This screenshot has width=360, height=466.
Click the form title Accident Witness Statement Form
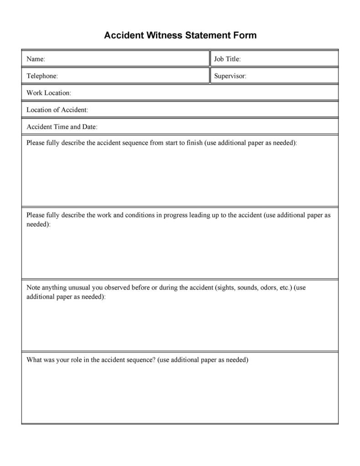pos(180,35)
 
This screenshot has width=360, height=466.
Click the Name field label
pos(36,59)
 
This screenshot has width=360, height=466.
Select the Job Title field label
pos(227,59)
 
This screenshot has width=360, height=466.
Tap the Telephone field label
pos(42,76)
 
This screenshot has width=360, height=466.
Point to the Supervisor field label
pos(230,76)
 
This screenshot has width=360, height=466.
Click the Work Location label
pos(49,93)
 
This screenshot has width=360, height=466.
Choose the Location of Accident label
pos(57,109)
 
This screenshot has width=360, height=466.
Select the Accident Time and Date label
pos(62,126)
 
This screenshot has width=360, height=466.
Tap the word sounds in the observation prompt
pos(246,288)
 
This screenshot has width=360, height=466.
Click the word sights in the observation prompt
pos(224,288)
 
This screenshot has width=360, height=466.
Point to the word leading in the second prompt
pos(199,215)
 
